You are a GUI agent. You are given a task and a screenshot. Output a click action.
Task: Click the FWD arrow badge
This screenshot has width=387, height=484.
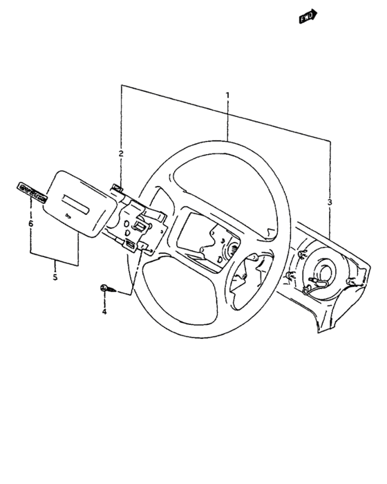pos(307,17)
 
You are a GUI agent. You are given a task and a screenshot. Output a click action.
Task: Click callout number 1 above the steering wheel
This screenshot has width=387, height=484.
pos(227,94)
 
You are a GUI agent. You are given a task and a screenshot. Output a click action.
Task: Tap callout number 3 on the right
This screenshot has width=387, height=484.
pos(330,202)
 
